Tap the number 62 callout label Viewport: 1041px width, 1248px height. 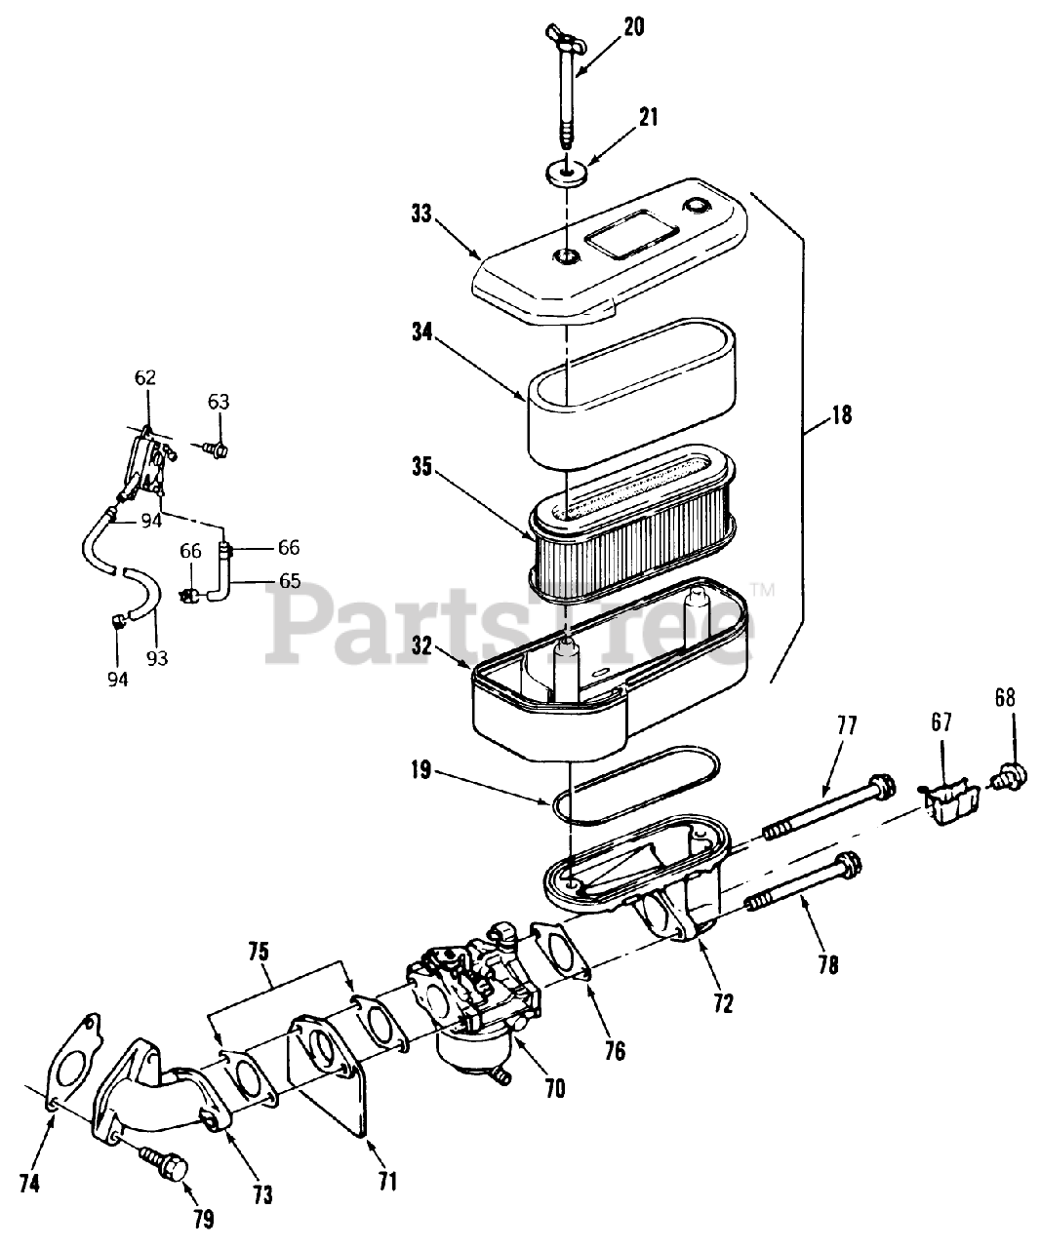coord(144,377)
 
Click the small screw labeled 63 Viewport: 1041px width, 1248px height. coord(217,448)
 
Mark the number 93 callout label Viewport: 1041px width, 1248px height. coord(157,658)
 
